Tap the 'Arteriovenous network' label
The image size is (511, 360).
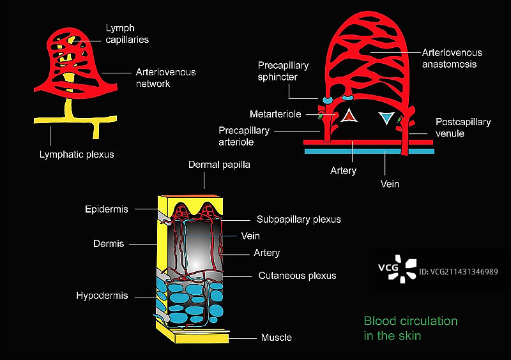(x=165, y=78)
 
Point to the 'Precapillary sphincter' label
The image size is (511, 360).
(x=283, y=71)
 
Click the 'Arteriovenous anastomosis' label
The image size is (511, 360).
(x=452, y=58)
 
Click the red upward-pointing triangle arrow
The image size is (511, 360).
(x=349, y=115)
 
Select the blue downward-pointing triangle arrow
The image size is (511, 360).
(x=386, y=118)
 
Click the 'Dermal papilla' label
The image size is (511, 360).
(x=219, y=165)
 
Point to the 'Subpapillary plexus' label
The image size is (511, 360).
(x=298, y=219)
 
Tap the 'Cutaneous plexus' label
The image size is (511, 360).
(x=297, y=276)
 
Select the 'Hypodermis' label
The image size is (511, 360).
(x=102, y=296)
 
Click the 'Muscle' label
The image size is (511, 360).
(x=276, y=337)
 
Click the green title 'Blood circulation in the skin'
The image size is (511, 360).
(x=410, y=327)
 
